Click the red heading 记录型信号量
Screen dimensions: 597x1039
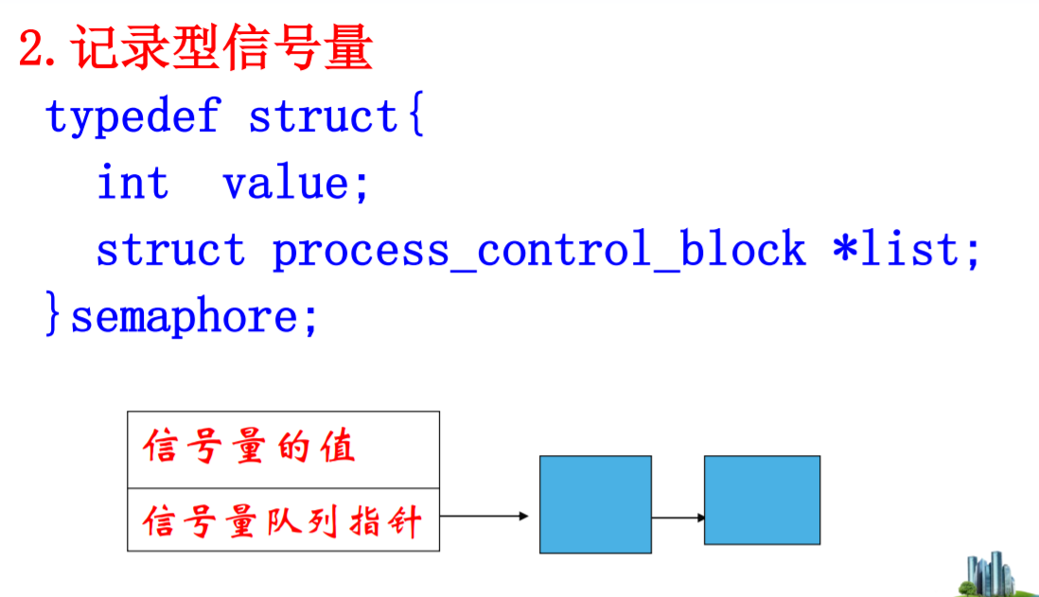click(x=223, y=49)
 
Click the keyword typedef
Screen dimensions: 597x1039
click(x=132, y=117)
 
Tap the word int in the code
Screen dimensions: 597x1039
click(x=132, y=183)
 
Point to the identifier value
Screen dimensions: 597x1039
click(x=284, y=183)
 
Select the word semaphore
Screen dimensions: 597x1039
click(x=184, y=316)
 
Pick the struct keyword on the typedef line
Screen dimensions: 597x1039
click(x=323, y=117)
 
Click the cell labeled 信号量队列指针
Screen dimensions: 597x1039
click(x=283, y=520)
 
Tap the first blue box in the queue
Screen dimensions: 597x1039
click(x=595, y=503)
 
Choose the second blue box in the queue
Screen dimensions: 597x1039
click(x=762, y=500)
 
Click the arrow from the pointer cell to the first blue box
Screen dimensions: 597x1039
click(x=484, y=517)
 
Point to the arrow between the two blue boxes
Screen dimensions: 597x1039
click(x=678, y=518)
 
